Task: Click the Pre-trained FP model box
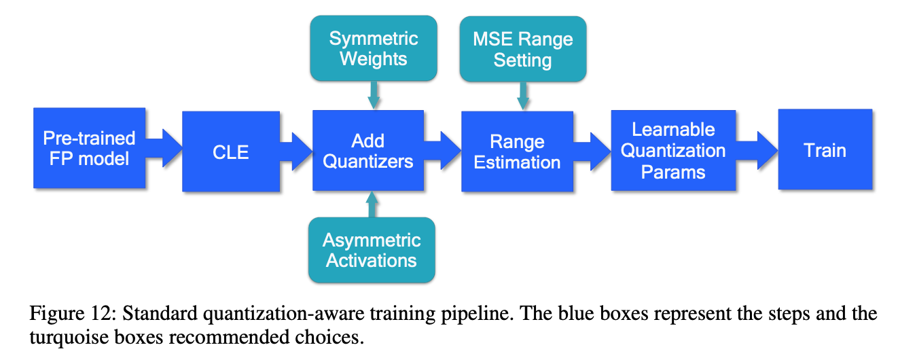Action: pos(89,149)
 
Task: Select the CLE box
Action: pos(231,151)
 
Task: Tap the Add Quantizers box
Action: pos(367,151)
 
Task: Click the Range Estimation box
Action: pos(517,151)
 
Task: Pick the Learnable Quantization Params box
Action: pos(673,151)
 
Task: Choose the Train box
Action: pos(825,149)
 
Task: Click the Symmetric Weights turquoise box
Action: pos(373,48)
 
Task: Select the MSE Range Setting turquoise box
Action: pos(522,49)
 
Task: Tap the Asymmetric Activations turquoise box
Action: pos(371,249)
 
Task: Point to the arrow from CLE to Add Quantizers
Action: pos(296,145)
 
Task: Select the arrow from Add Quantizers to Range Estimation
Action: pos(443,145)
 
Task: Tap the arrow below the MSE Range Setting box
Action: pos(522,96)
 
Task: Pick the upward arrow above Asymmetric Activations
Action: pos(371,204)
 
